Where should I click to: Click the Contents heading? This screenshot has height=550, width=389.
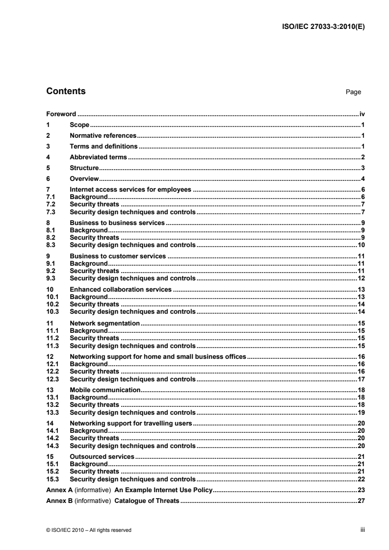pyautogui.click(x=66, y=91)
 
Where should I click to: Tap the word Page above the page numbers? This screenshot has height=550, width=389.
pyautogui.click(x=353, y=92)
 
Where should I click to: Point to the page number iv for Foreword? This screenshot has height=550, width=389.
pyautogui.click(x=362, y=114)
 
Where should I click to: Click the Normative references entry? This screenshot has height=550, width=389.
pyautogui.click(x=103, y=135)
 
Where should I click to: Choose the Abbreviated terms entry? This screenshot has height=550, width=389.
pyautogui.click(x=98, y=157)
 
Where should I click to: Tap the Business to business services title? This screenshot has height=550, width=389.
pyautogui.click(x=117, y=223)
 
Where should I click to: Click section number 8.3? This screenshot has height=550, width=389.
pyautogui.click(x=51, y=245)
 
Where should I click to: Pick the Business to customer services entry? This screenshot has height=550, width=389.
pyautogui.click(x=118, y=256)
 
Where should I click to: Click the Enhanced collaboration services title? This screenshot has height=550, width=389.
pyautogui.click(x=121, y=289)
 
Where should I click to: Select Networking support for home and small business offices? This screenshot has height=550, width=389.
pyautogui.click(x=157, y=356)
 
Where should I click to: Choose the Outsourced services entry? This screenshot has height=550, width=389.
pyautogui.click(x=102, y=456)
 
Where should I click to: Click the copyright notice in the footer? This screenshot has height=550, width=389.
pyautogui.click(x=89, y=530)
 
